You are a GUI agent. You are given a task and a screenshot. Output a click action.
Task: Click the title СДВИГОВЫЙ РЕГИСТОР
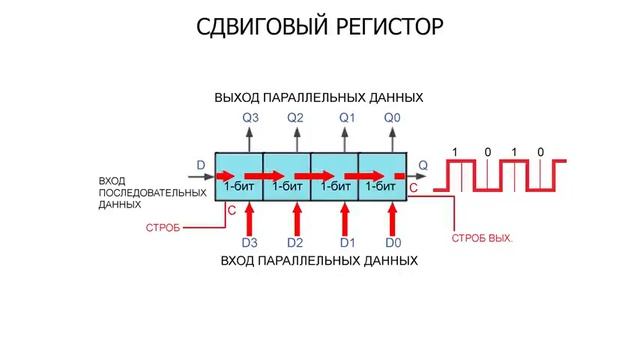[x=319, y=25]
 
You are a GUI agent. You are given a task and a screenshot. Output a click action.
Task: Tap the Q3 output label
[x=251, y=118]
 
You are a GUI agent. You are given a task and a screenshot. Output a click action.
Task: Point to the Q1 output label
[x=347, y=118]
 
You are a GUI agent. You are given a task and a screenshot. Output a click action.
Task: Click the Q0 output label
[x=393, y=118]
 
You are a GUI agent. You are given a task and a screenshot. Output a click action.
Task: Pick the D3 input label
[x=250, y=243]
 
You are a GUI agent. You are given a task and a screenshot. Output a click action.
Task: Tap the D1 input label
[x=347, y=243]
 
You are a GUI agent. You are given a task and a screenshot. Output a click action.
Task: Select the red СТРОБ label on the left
[x=163, y=228]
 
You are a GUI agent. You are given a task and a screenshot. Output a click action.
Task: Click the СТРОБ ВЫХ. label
[x=481, y=239]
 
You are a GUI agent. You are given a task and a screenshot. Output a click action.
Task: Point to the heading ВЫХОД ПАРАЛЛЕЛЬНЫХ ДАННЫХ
[x=319, y=97]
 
